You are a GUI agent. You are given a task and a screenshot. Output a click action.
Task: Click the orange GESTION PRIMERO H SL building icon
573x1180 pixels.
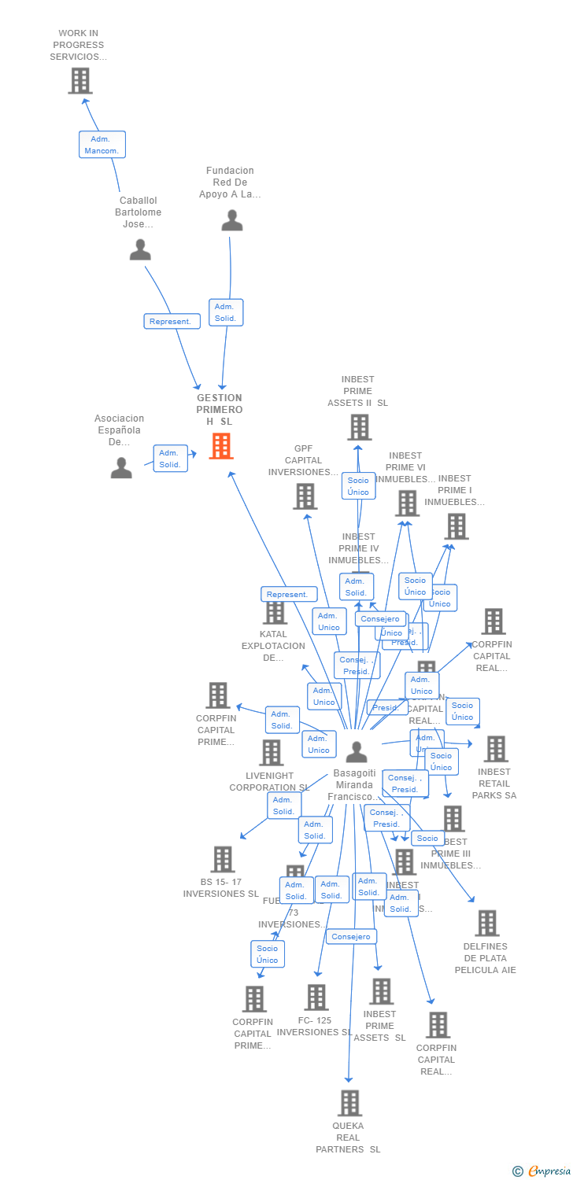[221, 446]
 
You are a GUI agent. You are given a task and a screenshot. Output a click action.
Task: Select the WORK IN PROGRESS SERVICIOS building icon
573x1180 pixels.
[79, 80]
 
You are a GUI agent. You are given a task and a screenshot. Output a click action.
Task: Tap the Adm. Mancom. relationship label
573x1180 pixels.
[102, 145]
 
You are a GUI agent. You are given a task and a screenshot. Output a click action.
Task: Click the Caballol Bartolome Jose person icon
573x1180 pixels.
[140, 249]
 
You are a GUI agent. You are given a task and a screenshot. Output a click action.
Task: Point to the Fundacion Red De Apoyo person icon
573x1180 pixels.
[231, 220]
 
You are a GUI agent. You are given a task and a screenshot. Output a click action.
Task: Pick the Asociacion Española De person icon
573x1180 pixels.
[121, 468]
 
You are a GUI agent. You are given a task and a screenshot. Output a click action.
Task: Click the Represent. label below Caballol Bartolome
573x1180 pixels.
[172, 321]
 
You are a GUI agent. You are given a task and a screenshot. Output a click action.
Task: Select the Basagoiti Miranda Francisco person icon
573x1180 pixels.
[357, 752]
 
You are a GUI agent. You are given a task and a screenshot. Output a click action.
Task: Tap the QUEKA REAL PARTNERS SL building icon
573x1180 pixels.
[349, 1103]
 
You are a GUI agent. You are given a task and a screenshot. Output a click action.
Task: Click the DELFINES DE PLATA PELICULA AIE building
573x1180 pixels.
[486, 923]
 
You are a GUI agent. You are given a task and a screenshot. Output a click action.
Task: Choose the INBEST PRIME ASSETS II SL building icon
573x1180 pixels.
[359, 427]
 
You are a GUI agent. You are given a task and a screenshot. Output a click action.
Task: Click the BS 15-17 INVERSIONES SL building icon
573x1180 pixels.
[223, 859]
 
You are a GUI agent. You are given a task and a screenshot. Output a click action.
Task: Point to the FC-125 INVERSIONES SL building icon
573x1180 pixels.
[316, 997]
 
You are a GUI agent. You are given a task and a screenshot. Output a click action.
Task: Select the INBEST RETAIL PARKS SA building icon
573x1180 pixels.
[495, 749]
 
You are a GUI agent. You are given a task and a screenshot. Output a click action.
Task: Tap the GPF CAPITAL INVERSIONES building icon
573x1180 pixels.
[305, 496]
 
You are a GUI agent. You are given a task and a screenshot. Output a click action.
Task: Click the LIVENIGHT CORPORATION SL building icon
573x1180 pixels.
[271, 752]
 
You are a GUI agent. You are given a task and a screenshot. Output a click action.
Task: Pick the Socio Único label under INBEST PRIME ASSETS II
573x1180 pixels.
[358, 486]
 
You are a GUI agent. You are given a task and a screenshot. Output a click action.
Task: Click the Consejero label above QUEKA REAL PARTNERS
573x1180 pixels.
[351, 936]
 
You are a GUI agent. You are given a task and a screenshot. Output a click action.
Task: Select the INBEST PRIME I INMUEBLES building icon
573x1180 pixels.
[456, 526]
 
